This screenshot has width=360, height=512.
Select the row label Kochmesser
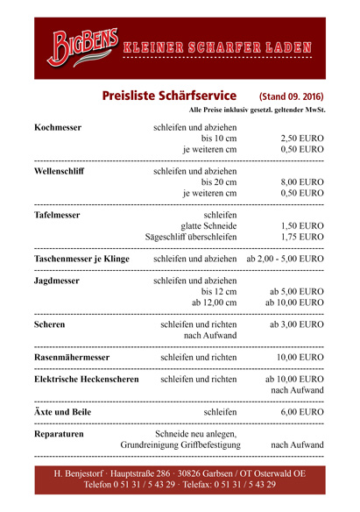[x=58, y=128]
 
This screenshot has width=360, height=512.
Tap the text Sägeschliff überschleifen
[x=191, y=237]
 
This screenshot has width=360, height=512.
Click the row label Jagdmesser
[x=57, y=281]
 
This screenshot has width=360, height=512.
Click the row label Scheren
[x=49, y=325]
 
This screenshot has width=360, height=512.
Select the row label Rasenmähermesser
[x=72, y=358]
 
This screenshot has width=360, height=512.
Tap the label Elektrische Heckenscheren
[x=86, y=380]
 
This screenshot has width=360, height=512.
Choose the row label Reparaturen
[x=59, y=434]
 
